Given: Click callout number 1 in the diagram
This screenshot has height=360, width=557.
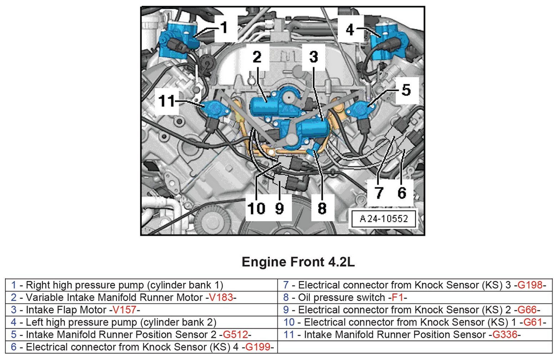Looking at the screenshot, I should click(x=224, y=27).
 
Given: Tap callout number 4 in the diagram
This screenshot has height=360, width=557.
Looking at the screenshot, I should click(x=350, y=29).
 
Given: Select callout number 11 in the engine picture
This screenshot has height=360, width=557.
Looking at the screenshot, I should click(x=167, y=101).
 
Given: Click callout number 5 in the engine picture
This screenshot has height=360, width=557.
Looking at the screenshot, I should click(x=406, y=90).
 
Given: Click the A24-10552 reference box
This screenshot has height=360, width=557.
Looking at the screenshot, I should click(x=383, y=219).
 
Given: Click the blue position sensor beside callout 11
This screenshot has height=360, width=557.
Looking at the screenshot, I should click(x=216, y=108).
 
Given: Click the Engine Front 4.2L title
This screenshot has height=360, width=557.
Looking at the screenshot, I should click(x=298, y=262).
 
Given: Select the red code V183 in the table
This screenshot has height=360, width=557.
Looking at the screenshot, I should click(x=221, y=297).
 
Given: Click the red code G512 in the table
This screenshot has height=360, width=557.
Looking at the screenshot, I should click(x=235, y=335).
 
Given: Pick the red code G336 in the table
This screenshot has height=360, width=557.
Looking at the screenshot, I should click(x=505, y=335).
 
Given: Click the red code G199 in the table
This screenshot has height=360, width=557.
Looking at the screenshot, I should click(x=257, y=347).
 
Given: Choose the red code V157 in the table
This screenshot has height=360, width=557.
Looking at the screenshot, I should click(x=124, y=310).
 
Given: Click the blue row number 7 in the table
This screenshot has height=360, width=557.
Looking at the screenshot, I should click(x=286, y=285).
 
